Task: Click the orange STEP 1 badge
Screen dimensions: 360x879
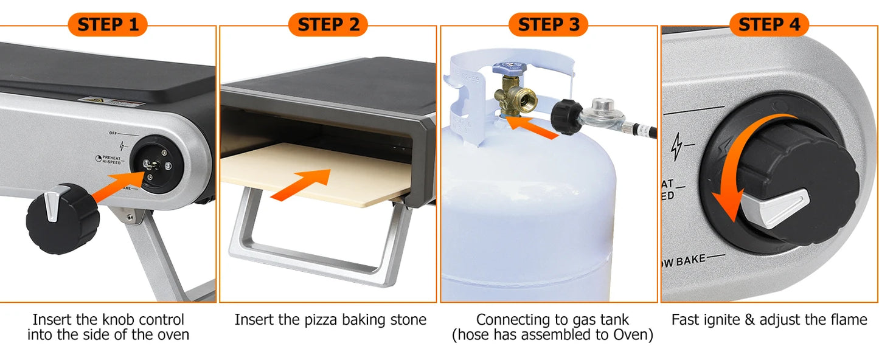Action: [x=108, y=25]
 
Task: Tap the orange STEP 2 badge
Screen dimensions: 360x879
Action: [x=328, y=25]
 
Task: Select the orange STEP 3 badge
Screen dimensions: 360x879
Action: [x=548, y=25]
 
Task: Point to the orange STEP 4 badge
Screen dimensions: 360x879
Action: [x=769, y=25]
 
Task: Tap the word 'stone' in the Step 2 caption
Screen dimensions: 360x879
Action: [x=408, y=319]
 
